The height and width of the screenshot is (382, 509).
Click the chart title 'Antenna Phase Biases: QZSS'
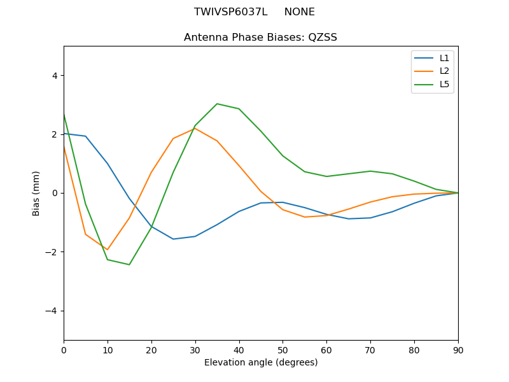point(260,38)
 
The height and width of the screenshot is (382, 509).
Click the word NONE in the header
point(299,12)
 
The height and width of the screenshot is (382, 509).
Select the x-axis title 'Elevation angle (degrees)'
point(260,363)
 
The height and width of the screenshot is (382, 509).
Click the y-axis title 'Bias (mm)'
point(36,193)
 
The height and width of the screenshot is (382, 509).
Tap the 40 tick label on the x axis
point(239,350)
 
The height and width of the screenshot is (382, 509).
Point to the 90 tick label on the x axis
point(458,350)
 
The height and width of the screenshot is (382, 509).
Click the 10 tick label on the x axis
point(108,350)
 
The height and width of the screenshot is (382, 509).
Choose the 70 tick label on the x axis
point(370,350)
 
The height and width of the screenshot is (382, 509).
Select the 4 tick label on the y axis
point(55,75)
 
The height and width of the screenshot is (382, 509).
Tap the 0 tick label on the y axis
point(55,193)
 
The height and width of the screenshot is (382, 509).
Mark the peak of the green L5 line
point(217,104)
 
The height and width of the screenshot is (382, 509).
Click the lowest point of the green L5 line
point(129,265)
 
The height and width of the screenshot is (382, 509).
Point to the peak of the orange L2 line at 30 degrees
point(195,128)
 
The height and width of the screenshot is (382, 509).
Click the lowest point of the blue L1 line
point(173,239)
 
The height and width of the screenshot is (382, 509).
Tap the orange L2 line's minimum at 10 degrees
point(108,250)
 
